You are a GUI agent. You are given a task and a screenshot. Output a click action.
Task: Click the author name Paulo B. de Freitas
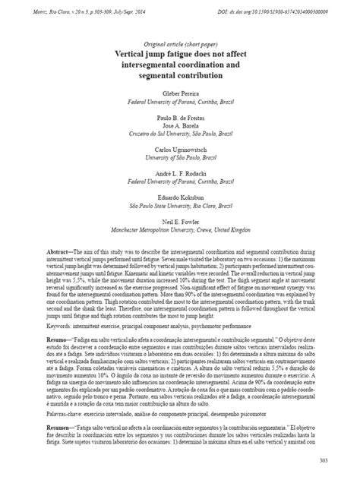pyautogui.click(x=179, y=120)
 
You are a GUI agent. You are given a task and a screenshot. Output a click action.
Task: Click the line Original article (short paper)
pyautogui.click(x=179, y=45)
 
